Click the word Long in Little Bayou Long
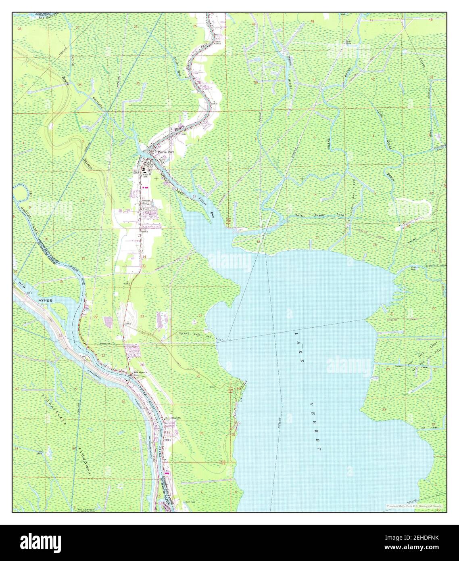pyautogui.click(x=340, y=215)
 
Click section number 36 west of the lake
pyautogui.click(x=201, y=432)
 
